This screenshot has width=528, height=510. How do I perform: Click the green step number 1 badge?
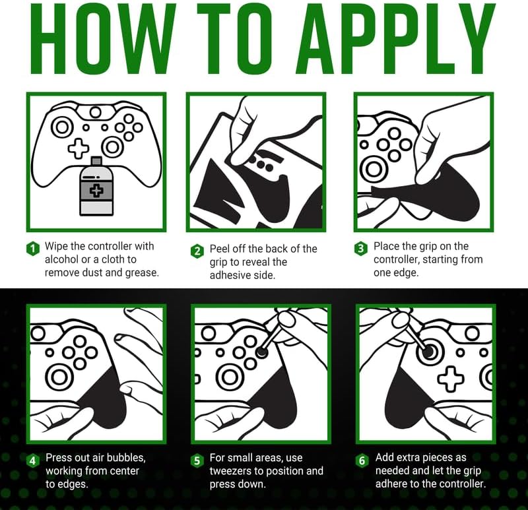pyautogui.click(x=32, y=249)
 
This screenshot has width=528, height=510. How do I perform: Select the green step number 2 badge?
pyautogui.click(x=197, y=251)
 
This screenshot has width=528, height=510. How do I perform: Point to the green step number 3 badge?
pyautogui.click(x=360, y=249)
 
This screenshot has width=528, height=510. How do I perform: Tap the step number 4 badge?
pyautogui.click(x=32, y=460)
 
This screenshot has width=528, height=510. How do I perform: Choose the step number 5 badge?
pyautogui.click(x=197, y=460)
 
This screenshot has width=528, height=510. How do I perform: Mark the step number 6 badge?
pyautogui.click(x=362, y=460)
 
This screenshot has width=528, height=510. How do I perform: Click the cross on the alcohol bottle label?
pyautogui.click(x=96, y=190)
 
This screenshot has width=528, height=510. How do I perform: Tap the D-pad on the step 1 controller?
pyautogui.click(x=79, y=148)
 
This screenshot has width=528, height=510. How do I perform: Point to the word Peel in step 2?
pyautogui.click(x=220, y=249)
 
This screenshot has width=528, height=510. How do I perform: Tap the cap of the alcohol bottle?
pyautogui.click(x=96, y=160)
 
